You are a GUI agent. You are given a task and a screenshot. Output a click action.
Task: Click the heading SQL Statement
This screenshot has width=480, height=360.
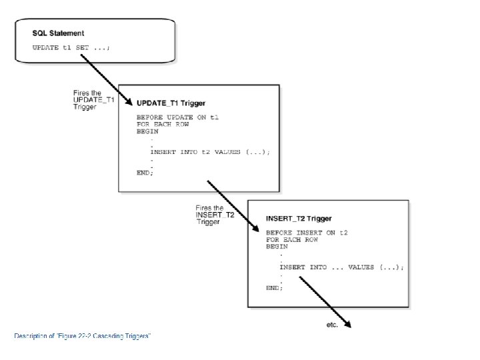click(58, 33)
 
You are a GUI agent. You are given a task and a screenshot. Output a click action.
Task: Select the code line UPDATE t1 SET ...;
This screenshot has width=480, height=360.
click(71, 48)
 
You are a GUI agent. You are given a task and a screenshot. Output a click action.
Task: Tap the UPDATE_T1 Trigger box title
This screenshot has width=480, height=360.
click(171, 103)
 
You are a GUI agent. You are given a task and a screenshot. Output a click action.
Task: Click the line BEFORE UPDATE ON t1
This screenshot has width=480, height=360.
click(177, 117)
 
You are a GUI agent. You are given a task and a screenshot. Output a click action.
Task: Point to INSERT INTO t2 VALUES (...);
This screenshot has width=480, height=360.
click(210, 152)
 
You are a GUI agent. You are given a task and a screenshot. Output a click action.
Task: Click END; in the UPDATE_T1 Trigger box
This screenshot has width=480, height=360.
click(145, 173)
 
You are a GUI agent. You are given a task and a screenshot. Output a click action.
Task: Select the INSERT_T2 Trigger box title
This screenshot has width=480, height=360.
click(299, 219)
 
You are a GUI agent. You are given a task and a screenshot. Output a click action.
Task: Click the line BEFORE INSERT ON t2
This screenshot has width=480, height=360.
click(307, 233)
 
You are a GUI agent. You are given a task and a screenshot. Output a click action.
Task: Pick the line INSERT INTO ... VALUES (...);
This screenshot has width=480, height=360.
click(341, 267)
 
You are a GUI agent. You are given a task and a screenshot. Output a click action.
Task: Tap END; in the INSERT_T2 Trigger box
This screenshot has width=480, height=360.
click(274, 288)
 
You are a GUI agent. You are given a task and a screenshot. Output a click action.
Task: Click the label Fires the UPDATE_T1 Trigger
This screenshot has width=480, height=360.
click(94, 100)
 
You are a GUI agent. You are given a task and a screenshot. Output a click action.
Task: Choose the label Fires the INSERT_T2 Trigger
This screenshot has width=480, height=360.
click(215, 215)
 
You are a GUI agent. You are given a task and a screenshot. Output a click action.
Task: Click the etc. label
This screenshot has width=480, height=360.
click(332, 325)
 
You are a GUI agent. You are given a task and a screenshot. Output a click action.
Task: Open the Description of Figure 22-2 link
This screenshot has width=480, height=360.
click(83, 336)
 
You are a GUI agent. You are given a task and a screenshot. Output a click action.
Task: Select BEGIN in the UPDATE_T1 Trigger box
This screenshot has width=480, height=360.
click(147, 131)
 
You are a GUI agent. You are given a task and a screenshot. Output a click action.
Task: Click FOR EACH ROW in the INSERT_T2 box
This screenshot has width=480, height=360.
click(292, 240)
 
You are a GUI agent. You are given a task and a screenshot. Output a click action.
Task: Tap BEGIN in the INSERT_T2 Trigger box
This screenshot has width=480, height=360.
click(277, 247)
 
